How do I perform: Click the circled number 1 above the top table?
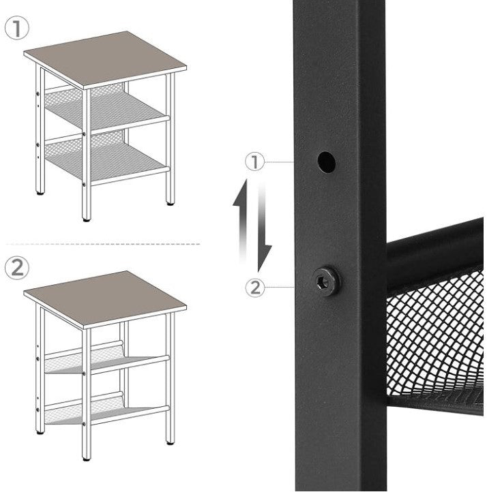point(16,28)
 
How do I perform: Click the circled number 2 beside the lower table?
point(16,268)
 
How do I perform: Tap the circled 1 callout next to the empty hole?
point(254,162)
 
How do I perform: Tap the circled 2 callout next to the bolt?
point(254,288)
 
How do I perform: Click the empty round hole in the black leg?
point(326,162)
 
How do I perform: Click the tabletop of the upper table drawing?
point(105,59)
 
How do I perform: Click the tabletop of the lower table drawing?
point(105,299)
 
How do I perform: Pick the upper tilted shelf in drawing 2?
point(107,359)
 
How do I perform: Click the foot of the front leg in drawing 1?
point(87,220)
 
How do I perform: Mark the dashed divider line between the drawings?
point(103,244)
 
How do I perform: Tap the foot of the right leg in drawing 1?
point(171,204)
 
